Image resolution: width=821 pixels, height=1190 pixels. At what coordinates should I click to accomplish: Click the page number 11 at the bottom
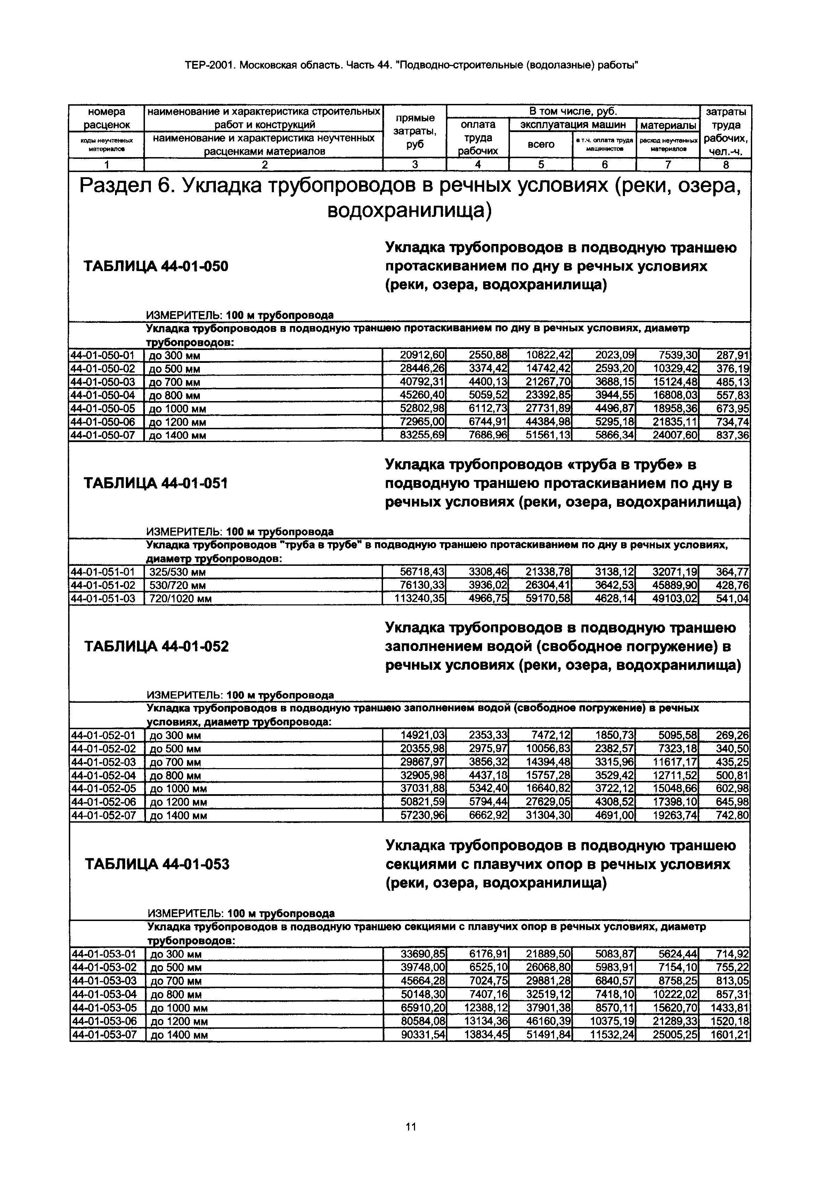[x=410, y=1127]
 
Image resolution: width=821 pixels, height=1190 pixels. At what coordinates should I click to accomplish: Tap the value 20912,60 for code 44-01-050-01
[x=422, y=355]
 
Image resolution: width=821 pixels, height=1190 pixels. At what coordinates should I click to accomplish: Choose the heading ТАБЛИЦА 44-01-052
[x=156, y=646]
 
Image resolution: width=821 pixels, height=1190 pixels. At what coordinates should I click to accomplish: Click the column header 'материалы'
[x=668, y=125]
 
